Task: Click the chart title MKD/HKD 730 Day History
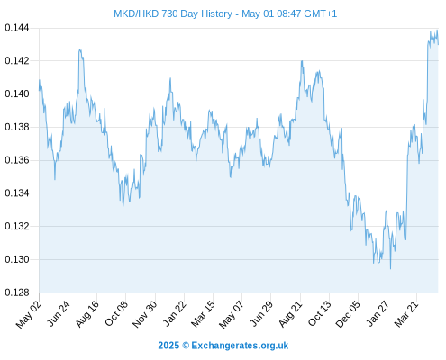click(173, 13)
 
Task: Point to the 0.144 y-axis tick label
click(17, 28)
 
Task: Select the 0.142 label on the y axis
click(17, 61)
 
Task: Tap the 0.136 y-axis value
click(17, 160)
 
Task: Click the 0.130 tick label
click(17, 259)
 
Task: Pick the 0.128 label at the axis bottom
click(17, 292)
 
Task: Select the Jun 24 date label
click(58, 313)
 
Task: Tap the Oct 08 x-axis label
click(116, 313)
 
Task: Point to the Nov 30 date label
click(144, 314)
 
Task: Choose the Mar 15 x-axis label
click(203, 313)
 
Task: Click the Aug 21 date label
click(290, 313)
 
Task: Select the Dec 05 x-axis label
click(348, 314)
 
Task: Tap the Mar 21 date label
click(406, 313)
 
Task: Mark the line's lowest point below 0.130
click(390, 269)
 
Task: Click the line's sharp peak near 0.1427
click(80, 50)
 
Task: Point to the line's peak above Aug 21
click(302, 61)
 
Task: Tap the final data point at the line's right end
click(438, 44)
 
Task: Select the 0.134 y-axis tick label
click(17, 193)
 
